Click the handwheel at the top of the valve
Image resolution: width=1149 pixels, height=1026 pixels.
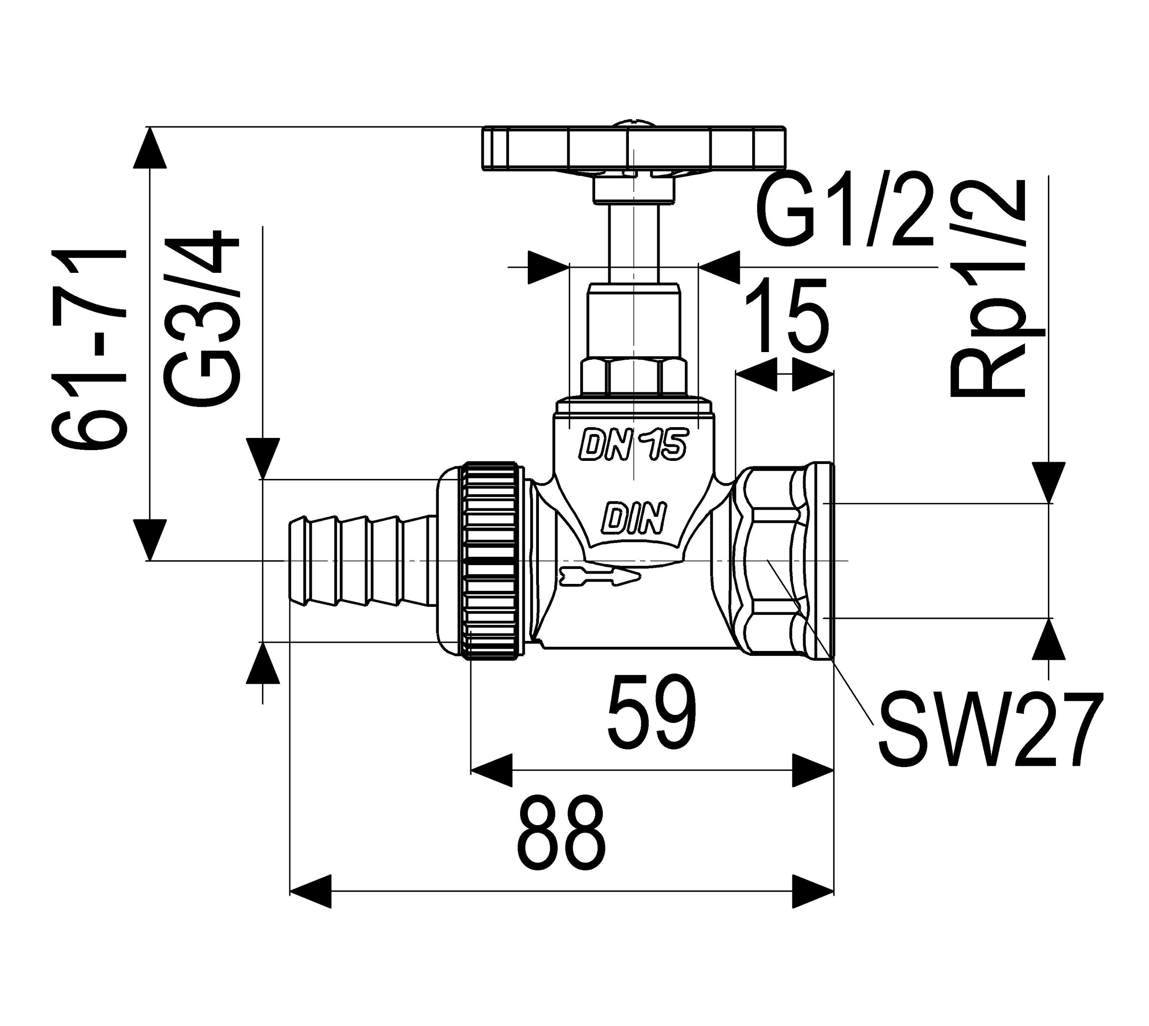click(x=633, y=148)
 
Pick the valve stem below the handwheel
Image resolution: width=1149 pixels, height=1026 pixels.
click(x=634, y=243)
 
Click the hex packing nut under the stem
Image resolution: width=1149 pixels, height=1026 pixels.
click(x=634, y=377)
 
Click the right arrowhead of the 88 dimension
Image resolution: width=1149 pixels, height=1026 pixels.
click(x=813, y=891)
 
